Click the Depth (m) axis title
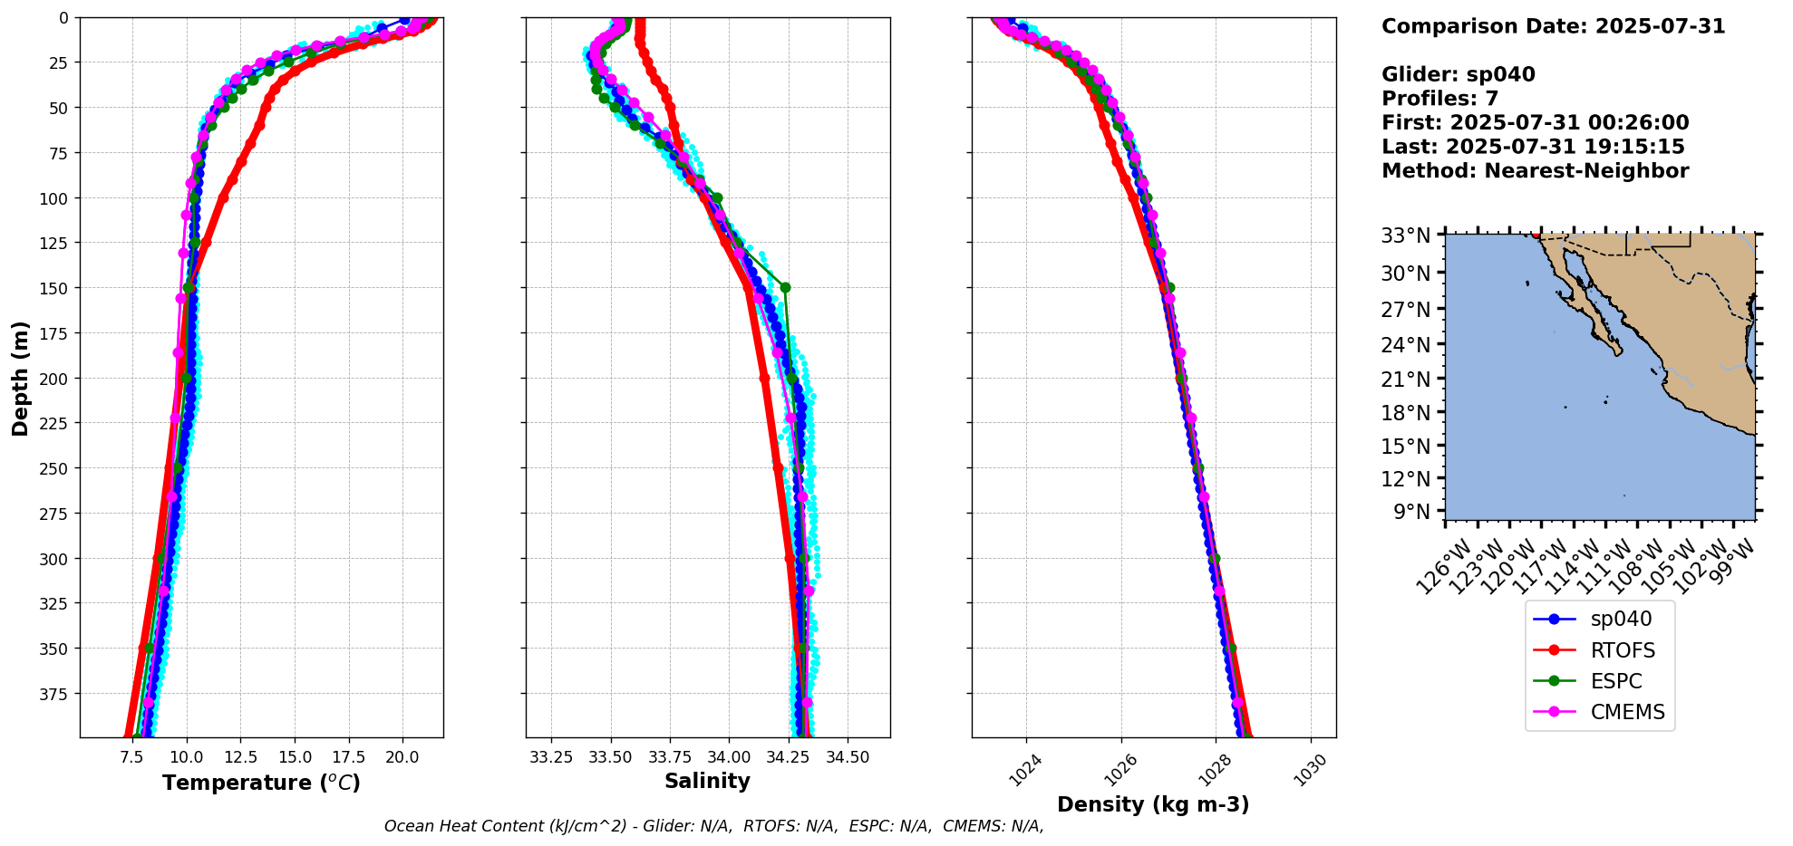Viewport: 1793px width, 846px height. click(x=20, y=378)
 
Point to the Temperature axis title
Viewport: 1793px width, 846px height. click(x=261, y=783)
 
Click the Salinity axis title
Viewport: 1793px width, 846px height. click(x=707, y=782)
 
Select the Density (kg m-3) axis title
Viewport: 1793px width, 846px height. click(x=1153, y=804)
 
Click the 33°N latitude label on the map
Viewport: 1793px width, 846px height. click(x=1405, y=236)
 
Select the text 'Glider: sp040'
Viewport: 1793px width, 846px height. click(x=1458, y=75)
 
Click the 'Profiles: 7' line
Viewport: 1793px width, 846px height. click(x=1439, y=99)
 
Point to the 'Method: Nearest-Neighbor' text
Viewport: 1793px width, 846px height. click(x=1535, y=171)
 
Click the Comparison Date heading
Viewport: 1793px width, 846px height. click(x=1553, y=26)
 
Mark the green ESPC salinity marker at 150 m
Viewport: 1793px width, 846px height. click(x=785, y=287)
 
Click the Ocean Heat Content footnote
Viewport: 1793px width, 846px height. click(x=713, y=826)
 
